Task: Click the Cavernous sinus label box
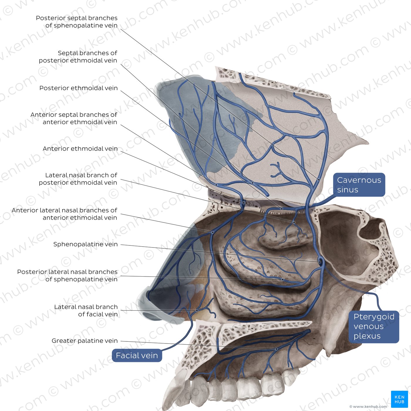click(x=359, y=185)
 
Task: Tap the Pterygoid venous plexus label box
click(x=374, y=326)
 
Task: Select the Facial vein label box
click(x=137, y=355)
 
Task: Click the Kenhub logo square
click(x=399, y=399)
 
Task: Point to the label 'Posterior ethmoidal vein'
click(x=78, y=88)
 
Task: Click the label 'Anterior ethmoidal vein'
click(x=80, y=149)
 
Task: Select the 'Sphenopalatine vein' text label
click(x=85, y=244)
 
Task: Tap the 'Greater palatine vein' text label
click(x=85, y=341)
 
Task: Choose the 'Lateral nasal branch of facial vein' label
click(x=86, y=310)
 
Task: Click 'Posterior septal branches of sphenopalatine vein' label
click(x=77, y=21)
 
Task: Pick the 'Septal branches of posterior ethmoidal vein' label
click(x=78, y=57)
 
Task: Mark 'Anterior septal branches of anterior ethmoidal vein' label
click(x=74, y=118)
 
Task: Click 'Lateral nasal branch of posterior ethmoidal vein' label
click(x=78, y=179)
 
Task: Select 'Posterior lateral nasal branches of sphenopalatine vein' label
click(x=67, y=275)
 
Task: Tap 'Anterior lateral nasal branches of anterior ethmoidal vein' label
click(x=64, y=214)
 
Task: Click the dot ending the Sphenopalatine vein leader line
click(x=319, y=262)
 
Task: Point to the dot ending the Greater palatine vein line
click(x=277, y=349)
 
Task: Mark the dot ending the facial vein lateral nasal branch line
click(x=197, y=311)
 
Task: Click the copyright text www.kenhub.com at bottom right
click(x=368, y=407)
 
